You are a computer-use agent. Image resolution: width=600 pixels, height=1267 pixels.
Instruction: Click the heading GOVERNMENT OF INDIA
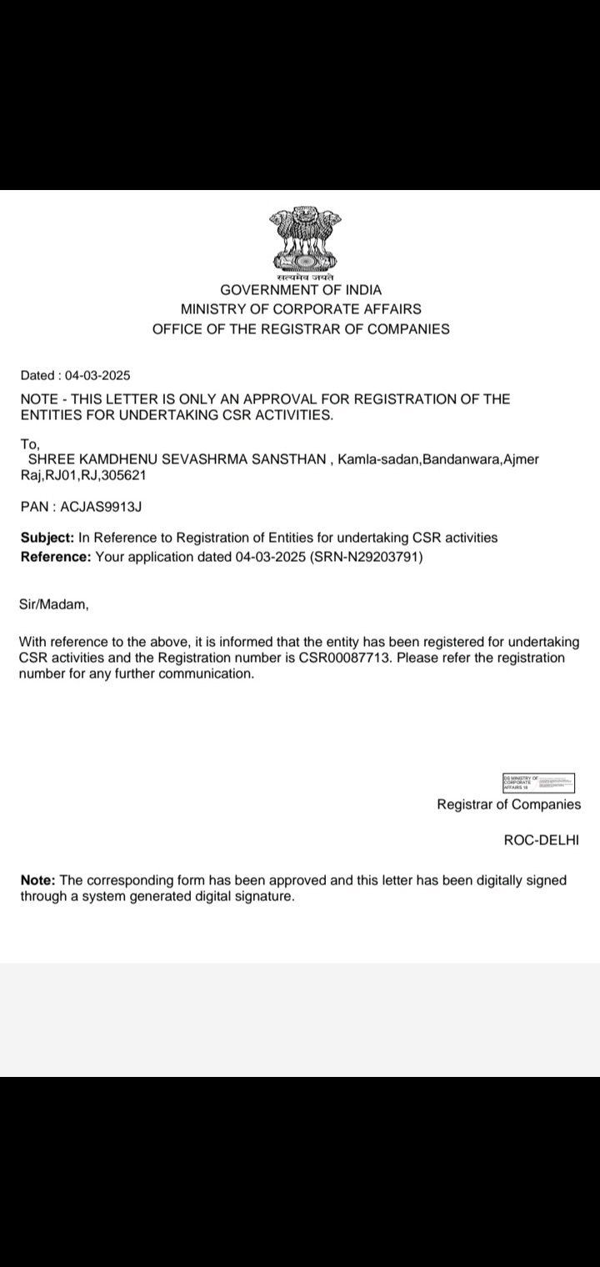pyautogui.click(x=301, y=290)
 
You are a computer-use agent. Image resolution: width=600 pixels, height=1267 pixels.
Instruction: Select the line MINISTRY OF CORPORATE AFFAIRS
pyautogui.click(x=301, y=309)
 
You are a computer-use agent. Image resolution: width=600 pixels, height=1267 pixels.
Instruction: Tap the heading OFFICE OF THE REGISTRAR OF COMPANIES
pyautogui.click(x=301, y=329)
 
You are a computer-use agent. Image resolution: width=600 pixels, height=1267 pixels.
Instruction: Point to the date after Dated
pyautogui.click(x=99, y=375)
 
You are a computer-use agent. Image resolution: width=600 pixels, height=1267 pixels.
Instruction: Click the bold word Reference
pyautogui.click(x=55, y=557)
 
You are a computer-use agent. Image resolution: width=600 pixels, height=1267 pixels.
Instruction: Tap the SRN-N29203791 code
pyautogui.click(x=367, y=557)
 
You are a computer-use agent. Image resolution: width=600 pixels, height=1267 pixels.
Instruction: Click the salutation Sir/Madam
pyautogui.click(x=53, y=605)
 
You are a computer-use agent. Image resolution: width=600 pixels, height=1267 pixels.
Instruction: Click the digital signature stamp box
pyautogui.click(x=538, y=783)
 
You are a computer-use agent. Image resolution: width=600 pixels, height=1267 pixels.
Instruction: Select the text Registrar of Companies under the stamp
pyautogui.click(x=509, y=804)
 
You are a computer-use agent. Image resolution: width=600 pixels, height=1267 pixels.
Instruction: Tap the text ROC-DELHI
pyautogui.click(x=541, y=839)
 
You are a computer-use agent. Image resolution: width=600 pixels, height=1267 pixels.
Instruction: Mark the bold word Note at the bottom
pyautogui.click(x=37, y=880)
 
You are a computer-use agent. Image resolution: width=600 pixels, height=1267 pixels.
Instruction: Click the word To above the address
pyautogui.click(x=30, y=444)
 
